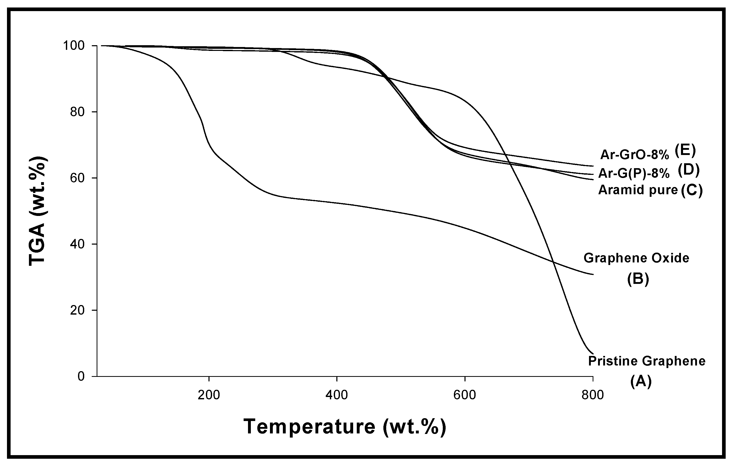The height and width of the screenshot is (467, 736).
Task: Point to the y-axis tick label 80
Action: tap(77, 112)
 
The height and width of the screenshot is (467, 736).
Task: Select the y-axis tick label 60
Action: tap(77, 178)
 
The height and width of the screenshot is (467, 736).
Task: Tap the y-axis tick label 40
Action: tap(77, 244)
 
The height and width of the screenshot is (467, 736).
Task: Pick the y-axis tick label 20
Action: tap(77, 310)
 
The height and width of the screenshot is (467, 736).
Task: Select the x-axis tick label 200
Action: tap(209, 395)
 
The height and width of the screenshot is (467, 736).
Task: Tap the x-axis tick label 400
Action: tap(337, 395)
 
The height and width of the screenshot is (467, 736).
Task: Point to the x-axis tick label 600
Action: tap(464, 395)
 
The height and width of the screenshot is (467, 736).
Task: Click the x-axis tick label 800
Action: tap(593, 395)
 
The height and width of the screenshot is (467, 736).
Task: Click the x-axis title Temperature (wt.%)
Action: tap(345, 427)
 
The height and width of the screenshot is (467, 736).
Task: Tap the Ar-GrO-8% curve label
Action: tap(635, 155)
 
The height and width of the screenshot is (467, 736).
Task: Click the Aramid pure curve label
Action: tap(638, 190)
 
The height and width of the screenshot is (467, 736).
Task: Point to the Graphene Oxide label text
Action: tap(636, 258)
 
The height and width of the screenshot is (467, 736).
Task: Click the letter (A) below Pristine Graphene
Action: tap(641, 382)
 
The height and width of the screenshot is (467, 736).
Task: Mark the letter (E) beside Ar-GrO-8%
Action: tap(685, 151)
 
